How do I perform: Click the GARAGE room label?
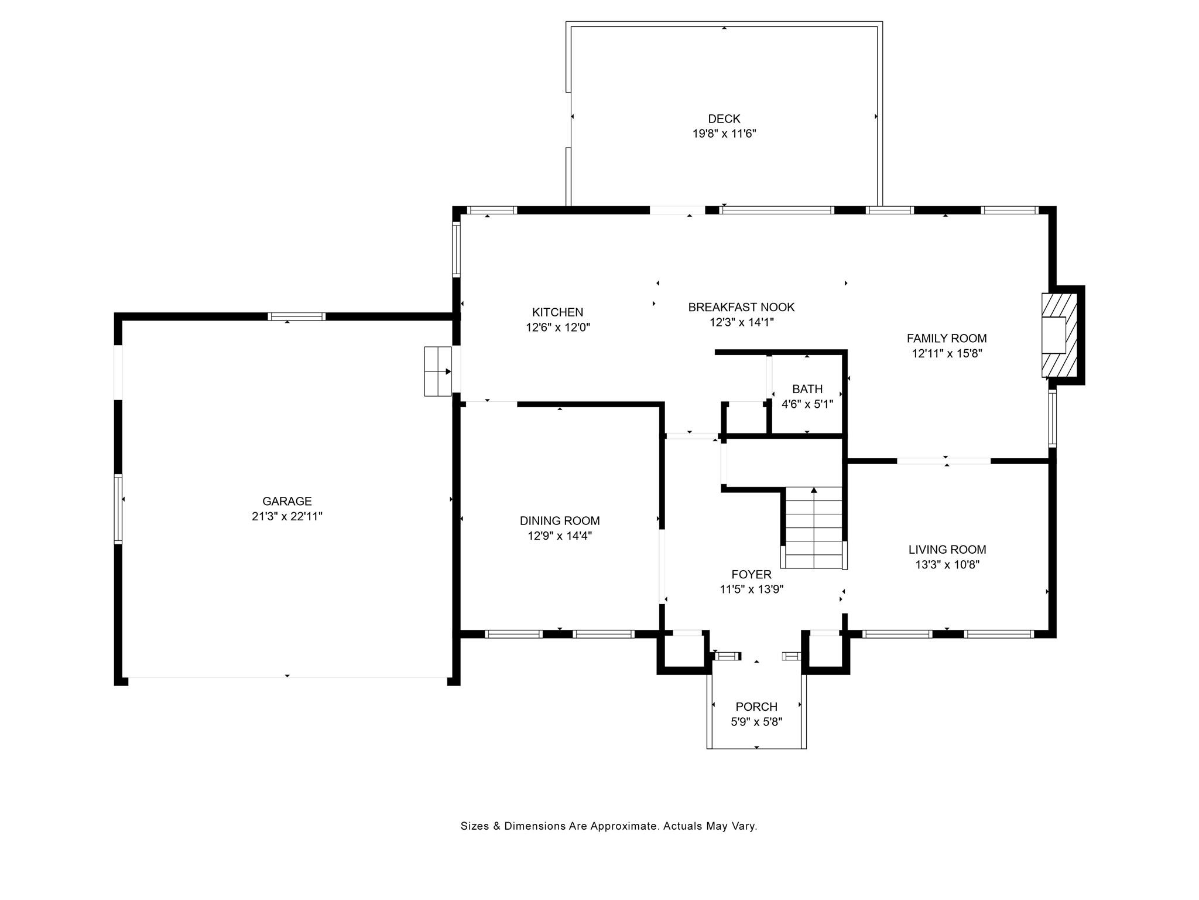286,501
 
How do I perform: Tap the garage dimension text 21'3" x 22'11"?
286,516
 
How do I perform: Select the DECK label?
724,118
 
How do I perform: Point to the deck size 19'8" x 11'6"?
724,134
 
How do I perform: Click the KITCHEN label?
557,312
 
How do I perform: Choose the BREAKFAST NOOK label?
741,307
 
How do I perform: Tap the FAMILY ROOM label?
946,338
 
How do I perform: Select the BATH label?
807,389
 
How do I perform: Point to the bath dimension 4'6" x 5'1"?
807,404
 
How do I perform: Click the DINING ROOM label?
560,520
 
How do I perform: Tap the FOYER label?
751,574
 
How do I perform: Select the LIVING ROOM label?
947,550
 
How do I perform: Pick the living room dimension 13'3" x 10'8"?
947,565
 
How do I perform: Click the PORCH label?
756,707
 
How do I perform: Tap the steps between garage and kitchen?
438,371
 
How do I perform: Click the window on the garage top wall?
297,316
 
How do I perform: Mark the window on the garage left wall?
118,509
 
